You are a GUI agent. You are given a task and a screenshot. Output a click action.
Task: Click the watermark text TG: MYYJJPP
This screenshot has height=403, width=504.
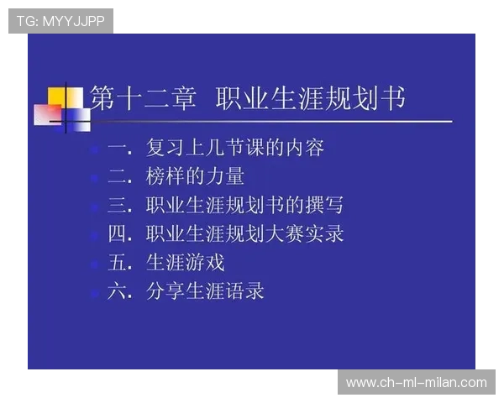tap(60, 21)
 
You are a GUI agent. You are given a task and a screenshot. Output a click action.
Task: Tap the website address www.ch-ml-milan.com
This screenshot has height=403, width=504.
tap(416, 383)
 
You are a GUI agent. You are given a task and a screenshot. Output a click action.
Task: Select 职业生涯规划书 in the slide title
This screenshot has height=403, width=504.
tap(310, 99)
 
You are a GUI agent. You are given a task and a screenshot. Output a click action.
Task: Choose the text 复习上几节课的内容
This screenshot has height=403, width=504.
tap(234, 149)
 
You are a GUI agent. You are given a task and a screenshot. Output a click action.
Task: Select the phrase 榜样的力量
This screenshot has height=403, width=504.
tap(195, 177)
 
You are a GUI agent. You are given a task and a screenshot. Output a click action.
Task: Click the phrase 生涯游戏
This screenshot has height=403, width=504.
tap(185, 263)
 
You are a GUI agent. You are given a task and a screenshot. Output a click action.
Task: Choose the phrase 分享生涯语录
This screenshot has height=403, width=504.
tap(205, 291)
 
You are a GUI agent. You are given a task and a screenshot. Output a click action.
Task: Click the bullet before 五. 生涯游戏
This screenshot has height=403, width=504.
tap(94, 264)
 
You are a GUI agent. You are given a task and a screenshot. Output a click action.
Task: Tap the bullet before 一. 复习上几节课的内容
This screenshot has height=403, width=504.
tap(94, 149)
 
